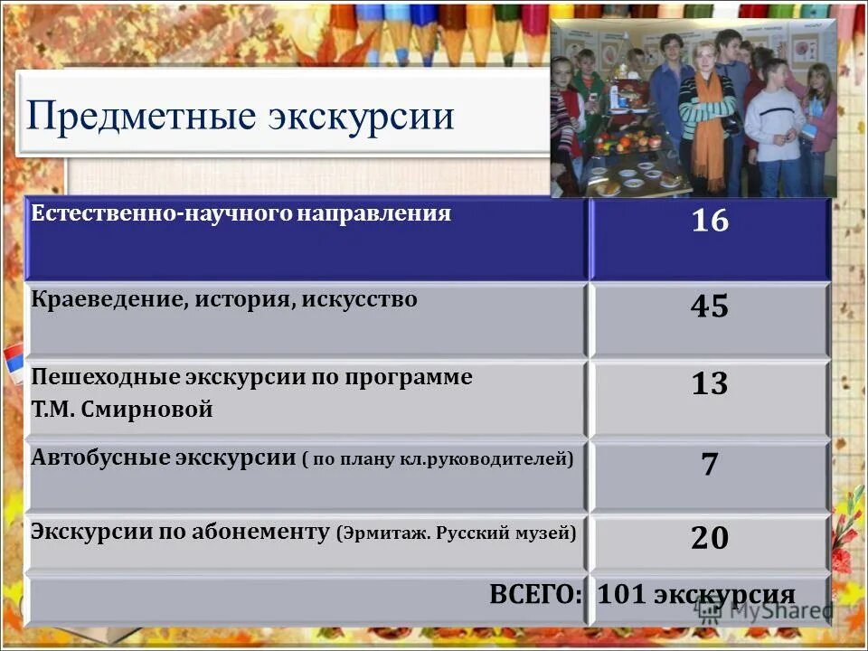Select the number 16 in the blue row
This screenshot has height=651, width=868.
click(710, 221)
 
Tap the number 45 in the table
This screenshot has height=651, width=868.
click(710, 307)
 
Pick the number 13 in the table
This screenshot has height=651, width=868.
click(710, 384)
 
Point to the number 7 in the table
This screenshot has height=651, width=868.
click(710, 464)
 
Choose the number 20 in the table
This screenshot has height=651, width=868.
click(710, 538)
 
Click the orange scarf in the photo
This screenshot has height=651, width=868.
click(710, 127)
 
